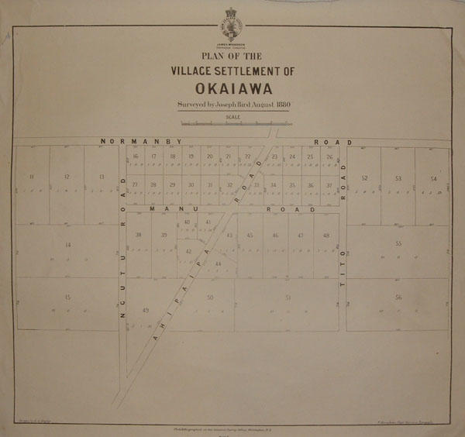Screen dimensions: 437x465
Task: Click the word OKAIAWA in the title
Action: click(x=232, y=88)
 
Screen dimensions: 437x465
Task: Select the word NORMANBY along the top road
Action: click(x=140, y=142)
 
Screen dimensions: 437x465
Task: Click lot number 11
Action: click(x=31, y=177)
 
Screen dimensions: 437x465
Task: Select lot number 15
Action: click(x=68, y=298)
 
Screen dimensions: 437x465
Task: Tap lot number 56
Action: click(x=398, y=298)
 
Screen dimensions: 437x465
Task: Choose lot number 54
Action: click(x=435, y=179)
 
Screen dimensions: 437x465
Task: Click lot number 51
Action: click(x=288, y=298)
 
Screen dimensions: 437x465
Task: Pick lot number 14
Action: click(x=68, y=245)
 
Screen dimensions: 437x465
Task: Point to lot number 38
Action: click(x=139, y=235)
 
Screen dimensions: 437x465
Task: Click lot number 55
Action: click(x=398, y=244)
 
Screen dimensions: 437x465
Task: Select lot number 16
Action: click(x=135, y=157)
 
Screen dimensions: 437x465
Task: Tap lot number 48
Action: click(x=326, y=236)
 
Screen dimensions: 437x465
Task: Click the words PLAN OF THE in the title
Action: click(x=232, y=56)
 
